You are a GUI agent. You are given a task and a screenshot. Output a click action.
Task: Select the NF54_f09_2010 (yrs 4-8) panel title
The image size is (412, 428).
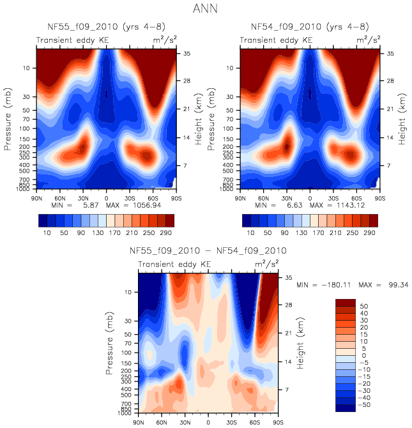tap(310, 27)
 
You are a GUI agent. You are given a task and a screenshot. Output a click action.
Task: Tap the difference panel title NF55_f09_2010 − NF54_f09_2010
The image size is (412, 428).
tap(208, 251)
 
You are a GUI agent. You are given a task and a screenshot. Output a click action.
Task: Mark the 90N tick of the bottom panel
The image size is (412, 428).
tap(139, 422)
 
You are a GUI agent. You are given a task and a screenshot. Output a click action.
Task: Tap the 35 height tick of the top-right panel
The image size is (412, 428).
tap(386, 54)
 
